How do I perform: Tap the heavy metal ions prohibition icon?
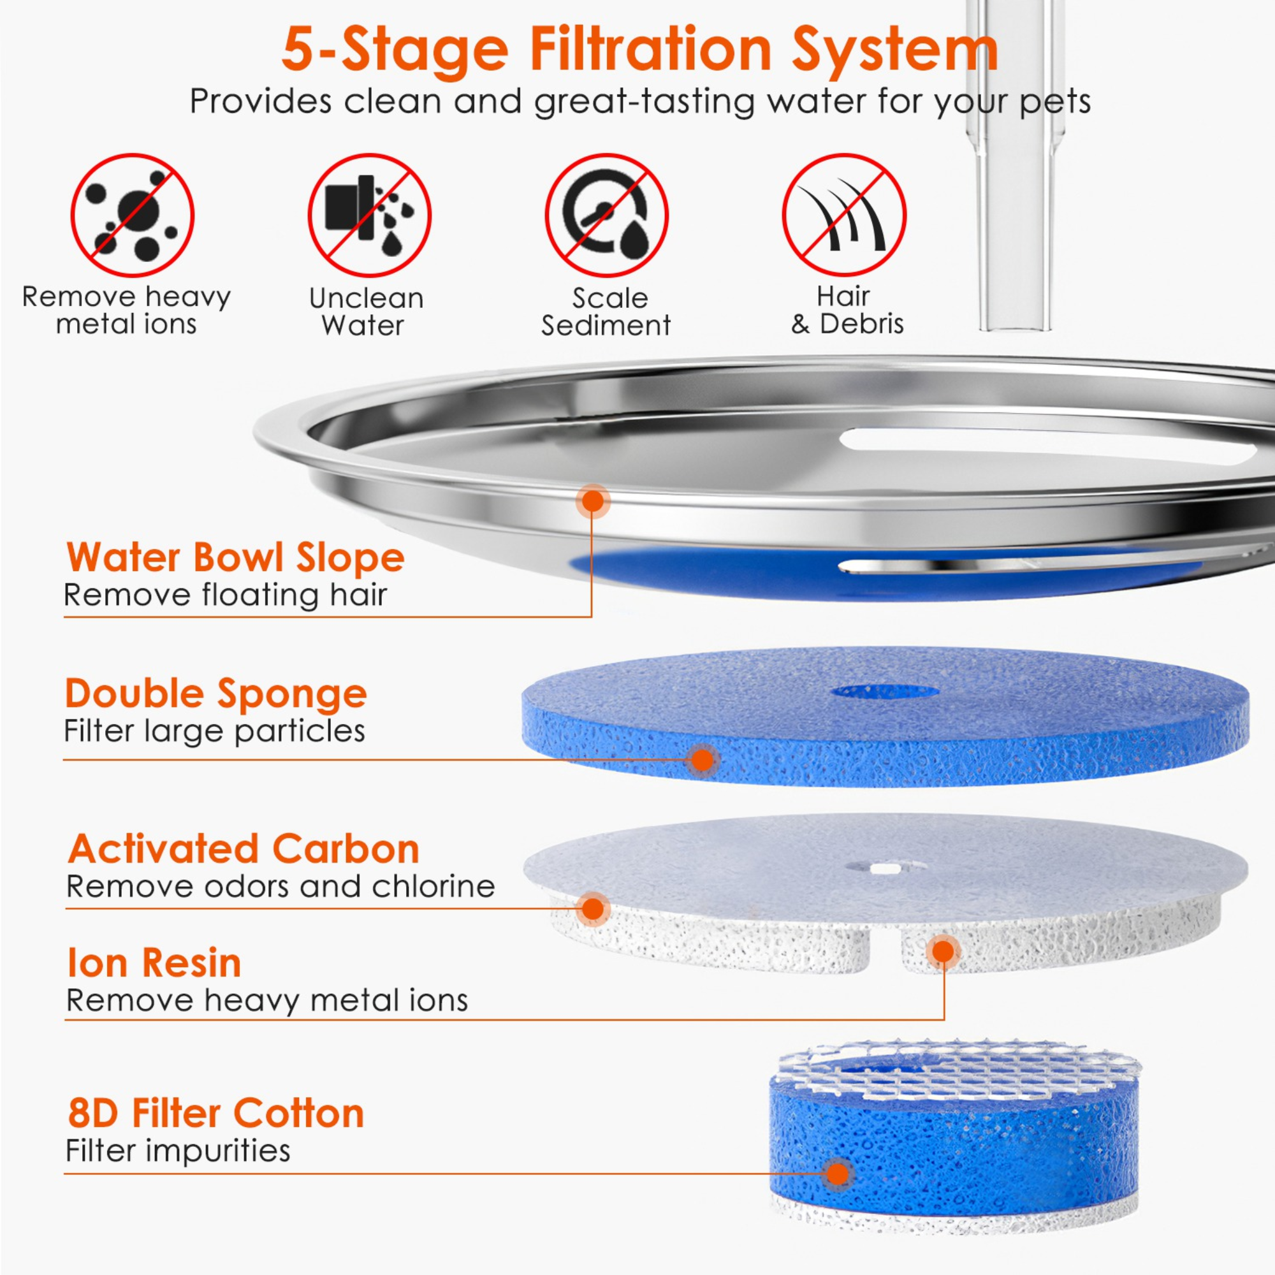tap(132, 215)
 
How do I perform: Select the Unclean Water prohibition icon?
tap(370, 215)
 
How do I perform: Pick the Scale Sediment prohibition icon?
tap(606, 215)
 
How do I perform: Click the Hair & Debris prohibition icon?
tap(844, 215)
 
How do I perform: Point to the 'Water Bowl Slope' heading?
tap(236, 558)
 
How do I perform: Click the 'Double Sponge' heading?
tap(216, 694)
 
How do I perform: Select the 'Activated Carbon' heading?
tap(244, 849)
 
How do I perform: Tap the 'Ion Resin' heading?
tap(154, 963)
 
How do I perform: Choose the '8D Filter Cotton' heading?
tap(216, 1113)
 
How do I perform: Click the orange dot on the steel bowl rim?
tap(594, 501)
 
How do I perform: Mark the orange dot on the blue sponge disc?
tap(703, 760)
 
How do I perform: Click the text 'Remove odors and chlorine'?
tap(280, 886)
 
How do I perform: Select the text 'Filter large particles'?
tap(214, 731)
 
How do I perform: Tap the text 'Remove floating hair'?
tap(225, 595)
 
